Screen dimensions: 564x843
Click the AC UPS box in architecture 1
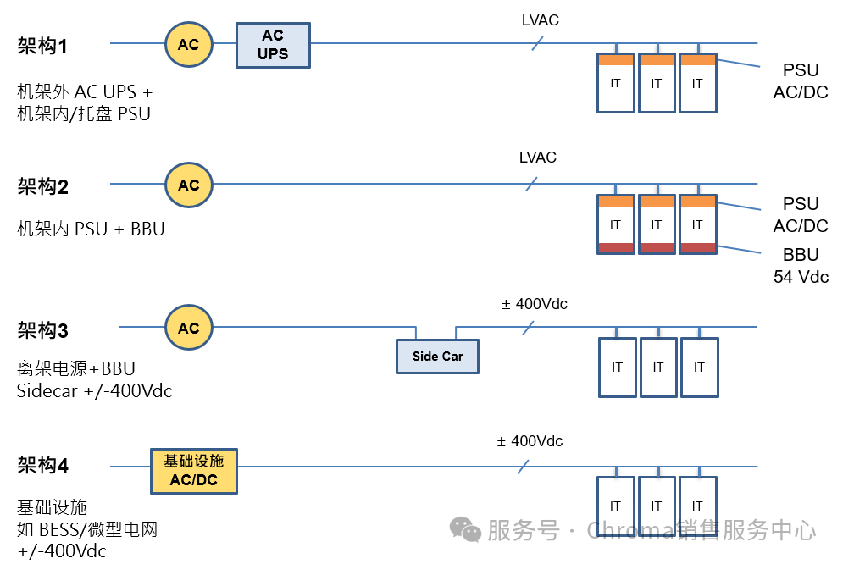273,45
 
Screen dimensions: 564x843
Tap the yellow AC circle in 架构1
188,44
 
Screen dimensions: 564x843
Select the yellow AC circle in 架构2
188,185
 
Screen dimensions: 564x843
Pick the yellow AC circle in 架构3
188,328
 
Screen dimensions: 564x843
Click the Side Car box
437,356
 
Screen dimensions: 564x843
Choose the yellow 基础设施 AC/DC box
193,471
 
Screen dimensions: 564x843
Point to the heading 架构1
42,46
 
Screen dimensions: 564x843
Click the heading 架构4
42,465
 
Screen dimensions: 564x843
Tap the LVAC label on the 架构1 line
540,19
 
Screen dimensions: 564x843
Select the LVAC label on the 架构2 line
538,158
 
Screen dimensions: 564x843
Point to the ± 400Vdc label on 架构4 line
530,441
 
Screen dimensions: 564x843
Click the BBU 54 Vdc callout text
801,265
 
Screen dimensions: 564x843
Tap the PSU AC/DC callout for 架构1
801,81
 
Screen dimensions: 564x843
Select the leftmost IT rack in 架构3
617,368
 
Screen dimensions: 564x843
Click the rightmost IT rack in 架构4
697,506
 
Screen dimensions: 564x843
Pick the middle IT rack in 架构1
657,83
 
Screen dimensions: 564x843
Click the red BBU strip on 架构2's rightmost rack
697,247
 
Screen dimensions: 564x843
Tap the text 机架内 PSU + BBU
91,229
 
